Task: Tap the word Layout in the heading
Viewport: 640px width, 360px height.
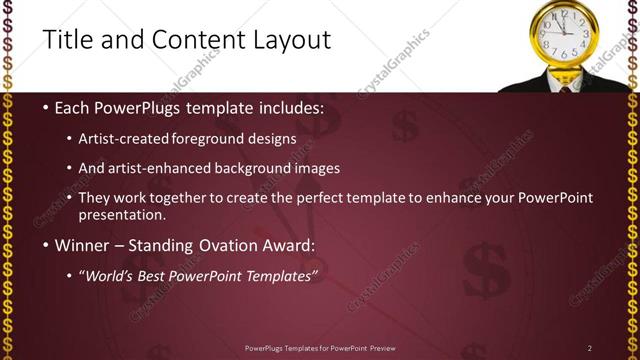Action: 289,40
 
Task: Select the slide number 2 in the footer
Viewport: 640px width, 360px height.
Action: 590,347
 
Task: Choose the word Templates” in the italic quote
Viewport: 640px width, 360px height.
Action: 283,275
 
